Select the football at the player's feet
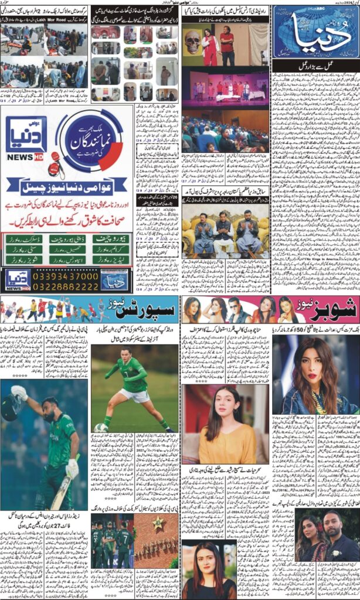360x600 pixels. (100, 428)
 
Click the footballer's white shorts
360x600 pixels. (141, 396)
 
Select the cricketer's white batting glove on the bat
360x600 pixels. (72, 467)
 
